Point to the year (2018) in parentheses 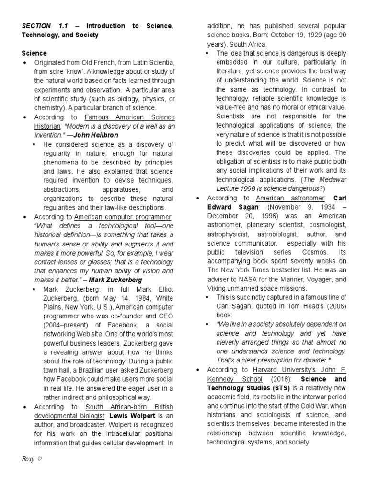pyautogui.click(x=224, y=379)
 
